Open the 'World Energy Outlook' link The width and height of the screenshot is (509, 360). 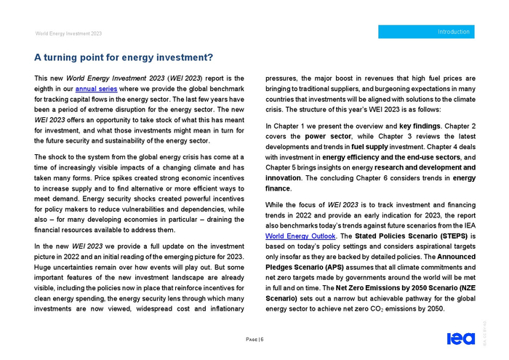pos(301,236)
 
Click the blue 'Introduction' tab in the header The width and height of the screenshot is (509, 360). pos(428,32)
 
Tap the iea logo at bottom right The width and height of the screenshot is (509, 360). pos(460,339)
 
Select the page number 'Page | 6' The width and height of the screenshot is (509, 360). pos(254,339)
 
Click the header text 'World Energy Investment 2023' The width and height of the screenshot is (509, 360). pos(68,33)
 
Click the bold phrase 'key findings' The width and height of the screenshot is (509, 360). pos(420,126)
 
